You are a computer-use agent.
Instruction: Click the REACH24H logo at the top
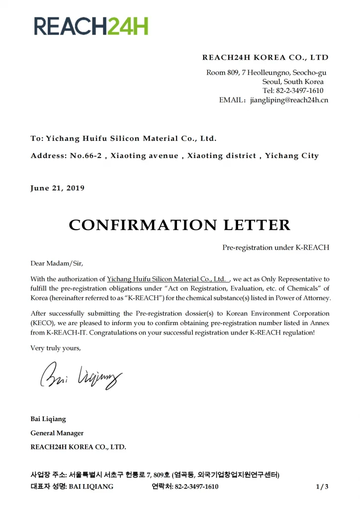point(91,25)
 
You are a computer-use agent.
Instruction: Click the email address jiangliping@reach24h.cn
point(289,100)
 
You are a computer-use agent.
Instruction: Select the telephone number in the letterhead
point(300,90)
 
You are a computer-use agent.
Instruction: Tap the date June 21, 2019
point(58,188)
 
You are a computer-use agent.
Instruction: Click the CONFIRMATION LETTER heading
point(180,225)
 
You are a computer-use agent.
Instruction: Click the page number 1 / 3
point(322,487)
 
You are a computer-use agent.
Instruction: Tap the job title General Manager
point(57,433)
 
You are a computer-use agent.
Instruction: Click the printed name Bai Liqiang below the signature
point(48,419)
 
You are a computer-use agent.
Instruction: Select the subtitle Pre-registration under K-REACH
point(275,248)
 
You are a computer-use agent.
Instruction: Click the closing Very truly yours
point(56,348)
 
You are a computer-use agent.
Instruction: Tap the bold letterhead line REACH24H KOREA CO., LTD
point(265,58)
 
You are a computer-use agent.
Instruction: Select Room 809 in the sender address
point(222,73)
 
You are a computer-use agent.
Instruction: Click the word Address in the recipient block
point(48,156)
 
